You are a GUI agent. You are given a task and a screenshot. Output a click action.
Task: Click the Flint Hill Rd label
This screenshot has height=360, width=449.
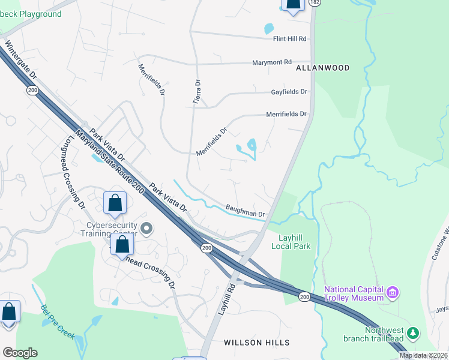click(290, 39)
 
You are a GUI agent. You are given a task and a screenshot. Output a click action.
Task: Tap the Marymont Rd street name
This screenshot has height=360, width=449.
click(271, 62)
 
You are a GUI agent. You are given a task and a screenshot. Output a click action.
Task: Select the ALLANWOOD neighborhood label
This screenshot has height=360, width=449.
click(322, 68)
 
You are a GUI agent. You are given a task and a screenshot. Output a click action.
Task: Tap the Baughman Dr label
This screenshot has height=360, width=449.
click(245, 211)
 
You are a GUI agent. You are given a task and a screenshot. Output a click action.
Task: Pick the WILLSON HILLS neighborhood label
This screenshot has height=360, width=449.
click(256, 343)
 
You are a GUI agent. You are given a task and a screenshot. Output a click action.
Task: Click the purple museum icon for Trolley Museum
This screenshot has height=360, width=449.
click(393, 293)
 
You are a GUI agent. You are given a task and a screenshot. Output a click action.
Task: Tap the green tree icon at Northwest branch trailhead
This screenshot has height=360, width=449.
click(412, 332)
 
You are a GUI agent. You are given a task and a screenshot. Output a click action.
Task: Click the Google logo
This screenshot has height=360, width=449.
click(19, 353)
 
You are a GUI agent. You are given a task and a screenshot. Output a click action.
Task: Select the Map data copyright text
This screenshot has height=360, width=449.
click(423, 355)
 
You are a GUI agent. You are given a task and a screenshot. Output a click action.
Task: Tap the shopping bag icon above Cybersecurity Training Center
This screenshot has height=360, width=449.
click(115, 203)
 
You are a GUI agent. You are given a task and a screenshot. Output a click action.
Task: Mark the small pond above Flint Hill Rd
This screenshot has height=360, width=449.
click(269, 28)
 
